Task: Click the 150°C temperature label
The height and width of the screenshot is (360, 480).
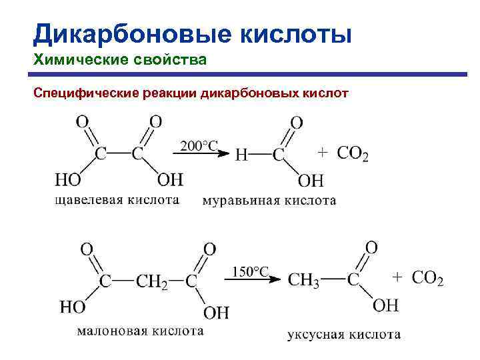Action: pyautogui.click(x=251, y=271)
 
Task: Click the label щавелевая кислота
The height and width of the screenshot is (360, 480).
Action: pyautogui.click(x=117, y=199)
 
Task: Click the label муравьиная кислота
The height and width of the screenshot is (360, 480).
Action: pyautogui.click(x=269, y=200)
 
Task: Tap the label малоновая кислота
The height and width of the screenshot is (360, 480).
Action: pyautogui.click(x=141, y=330)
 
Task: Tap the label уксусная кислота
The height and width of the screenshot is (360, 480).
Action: pyautogui.click(x=344, y=334)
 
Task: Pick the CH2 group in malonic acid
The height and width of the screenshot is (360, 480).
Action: pyautogui.click(x=152, y=281)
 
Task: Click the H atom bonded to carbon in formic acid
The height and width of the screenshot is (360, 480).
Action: pyautogui.click(x=242, y=155)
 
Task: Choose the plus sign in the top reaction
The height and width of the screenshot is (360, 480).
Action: pyautogui.click(x=321, y=153)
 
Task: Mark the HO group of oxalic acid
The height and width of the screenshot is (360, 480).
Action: pyautogui.click(x=67, y=181)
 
